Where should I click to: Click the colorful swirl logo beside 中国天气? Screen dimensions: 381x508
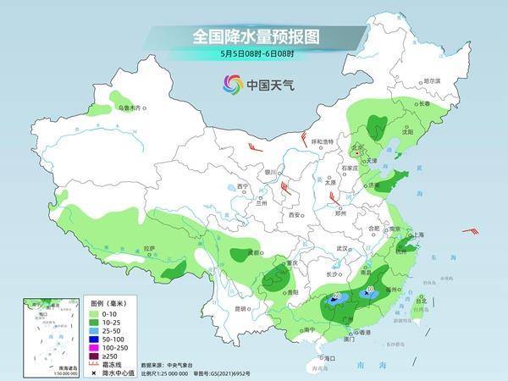(232, 83)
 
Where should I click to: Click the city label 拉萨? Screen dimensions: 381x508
(149, 248)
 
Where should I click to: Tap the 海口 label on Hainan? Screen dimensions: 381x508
(329, 358)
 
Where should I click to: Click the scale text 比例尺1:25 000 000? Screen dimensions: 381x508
(173, 371)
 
